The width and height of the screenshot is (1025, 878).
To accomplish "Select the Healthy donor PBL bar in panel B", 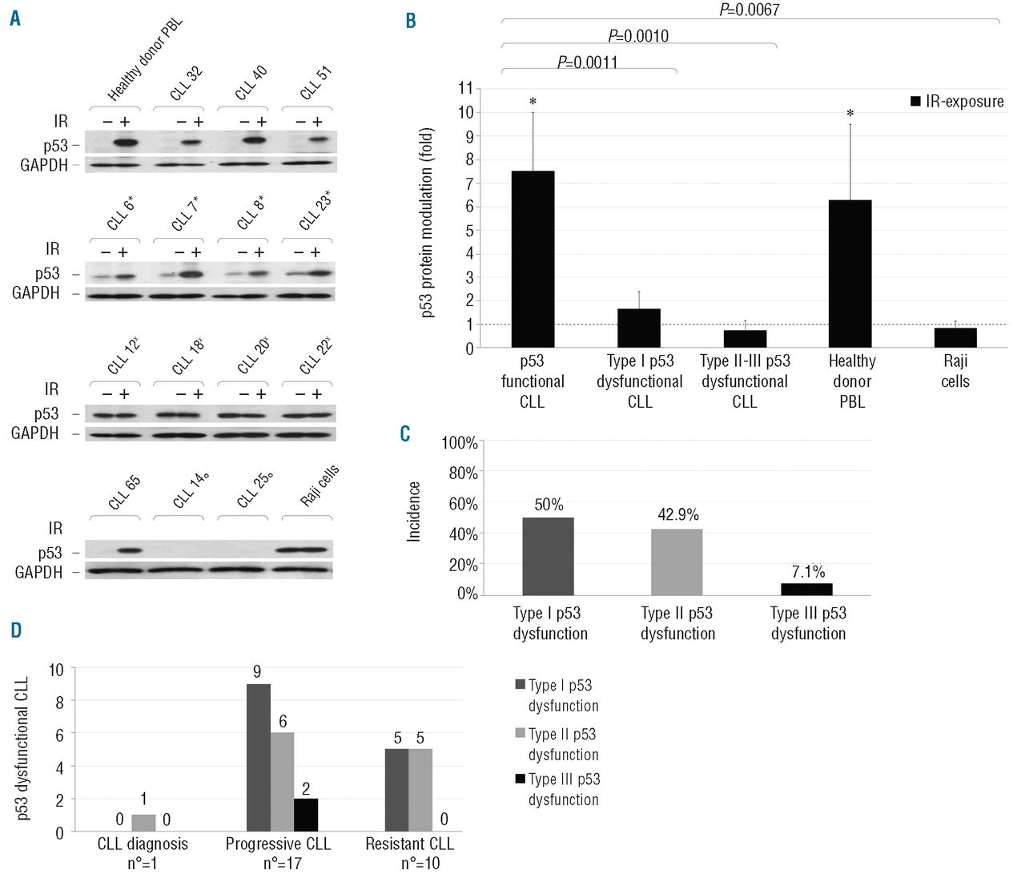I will (x=850, y=273).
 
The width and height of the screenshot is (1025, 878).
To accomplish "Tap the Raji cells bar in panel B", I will (x=955, y=337).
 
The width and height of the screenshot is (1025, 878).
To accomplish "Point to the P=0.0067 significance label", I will (x=749, y=10).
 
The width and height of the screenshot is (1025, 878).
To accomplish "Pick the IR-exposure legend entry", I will (x=957, y=102).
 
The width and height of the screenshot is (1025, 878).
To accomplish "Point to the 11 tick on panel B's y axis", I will (x=465, y=88).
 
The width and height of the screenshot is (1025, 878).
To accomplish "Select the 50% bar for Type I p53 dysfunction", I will (x=548, y=556).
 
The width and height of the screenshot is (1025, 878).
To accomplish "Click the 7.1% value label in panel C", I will (x=807, y=572).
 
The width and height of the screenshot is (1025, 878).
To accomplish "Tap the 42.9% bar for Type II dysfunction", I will (x=677, y=562).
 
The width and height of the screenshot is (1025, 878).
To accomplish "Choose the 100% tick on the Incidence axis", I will (x=460, y=443).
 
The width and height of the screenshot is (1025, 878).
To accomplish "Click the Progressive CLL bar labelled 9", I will (x=258, y=757).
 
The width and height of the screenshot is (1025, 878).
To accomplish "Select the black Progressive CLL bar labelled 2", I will (x=305, y=815).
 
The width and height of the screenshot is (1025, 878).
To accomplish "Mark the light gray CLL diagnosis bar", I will (x=143, y=824).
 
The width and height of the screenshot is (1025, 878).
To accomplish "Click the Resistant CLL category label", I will (x=409, y=844).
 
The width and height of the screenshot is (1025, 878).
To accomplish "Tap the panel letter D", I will (x=16, y=630).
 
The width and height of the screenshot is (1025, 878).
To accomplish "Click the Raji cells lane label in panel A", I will (x=319, y=485).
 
